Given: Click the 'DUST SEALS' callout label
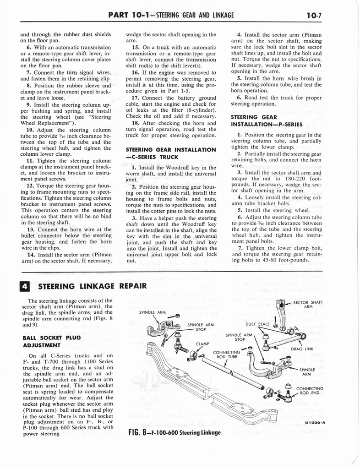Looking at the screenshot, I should pos(257,324).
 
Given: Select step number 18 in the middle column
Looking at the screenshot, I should pos(135,122).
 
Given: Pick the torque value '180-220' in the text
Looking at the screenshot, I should pos(285,178).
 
